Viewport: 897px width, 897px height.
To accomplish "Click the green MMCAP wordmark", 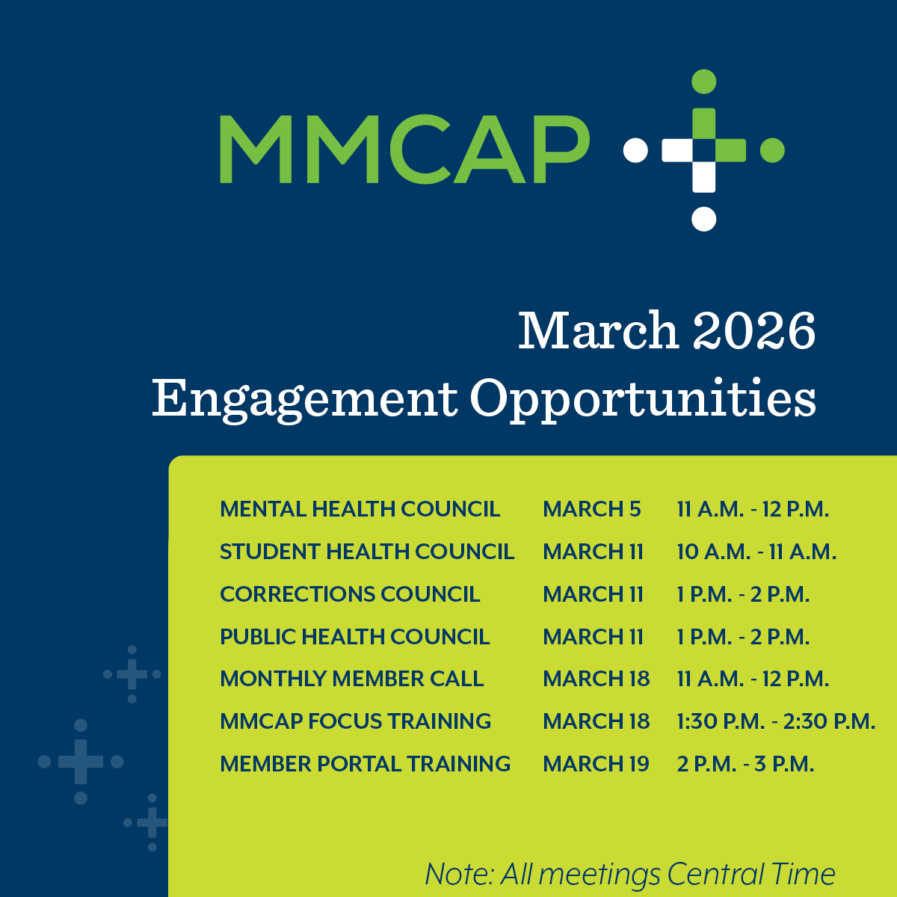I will coord(404,149).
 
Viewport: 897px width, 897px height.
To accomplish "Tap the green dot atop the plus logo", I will coord(704,81).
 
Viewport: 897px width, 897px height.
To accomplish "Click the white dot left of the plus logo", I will coord(635,149).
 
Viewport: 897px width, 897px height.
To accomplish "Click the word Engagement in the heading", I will coord(304,399).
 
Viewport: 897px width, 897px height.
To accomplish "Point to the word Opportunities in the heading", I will coord(643,399).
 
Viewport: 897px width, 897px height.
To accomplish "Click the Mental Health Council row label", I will coord(360,509).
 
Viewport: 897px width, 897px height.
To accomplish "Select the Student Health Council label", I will coord(367,552).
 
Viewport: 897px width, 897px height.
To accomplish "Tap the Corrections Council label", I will coord(350,594).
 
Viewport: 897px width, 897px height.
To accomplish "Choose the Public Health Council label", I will coord(354,637).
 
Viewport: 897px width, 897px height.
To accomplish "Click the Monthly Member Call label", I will coord(351,679).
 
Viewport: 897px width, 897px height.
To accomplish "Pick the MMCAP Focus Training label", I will coord(355,721).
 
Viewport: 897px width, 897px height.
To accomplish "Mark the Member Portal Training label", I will coord(365,764).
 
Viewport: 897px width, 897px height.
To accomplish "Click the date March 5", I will coord(592,509).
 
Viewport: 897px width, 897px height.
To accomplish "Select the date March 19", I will coord(596,764).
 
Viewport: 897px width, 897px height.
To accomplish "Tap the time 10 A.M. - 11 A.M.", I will coord(756,552).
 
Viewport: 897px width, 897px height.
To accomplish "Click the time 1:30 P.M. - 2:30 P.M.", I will coord(776,721).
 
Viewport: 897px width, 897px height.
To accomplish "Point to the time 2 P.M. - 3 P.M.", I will coord(745,764).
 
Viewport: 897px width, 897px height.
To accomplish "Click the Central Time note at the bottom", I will coord(629,874).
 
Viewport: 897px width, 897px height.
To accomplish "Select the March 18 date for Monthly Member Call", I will coord(596,679).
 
